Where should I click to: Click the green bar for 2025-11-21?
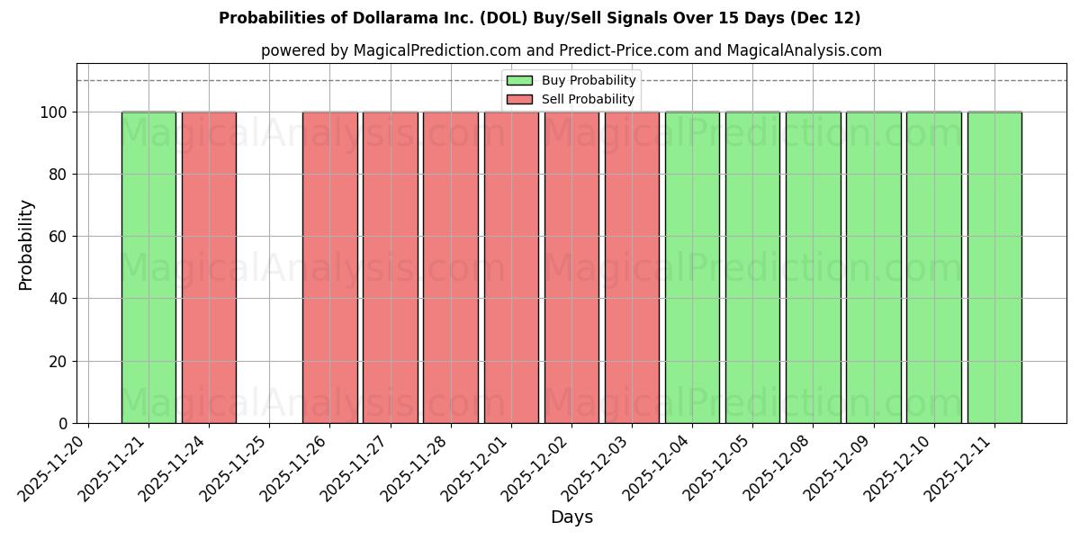click(x=148, y=267)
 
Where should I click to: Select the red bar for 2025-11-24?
click(x=209, y=267)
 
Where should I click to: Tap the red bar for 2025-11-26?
click(x=329, y=267)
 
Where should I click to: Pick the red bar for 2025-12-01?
click(x=511, y=267)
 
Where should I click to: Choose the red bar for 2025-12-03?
click(x=632, y=267)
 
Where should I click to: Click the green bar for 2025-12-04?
click(x=692, y=267)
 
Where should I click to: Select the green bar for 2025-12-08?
click(x=813, y=267)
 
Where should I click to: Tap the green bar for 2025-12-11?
click(x=994, y=267)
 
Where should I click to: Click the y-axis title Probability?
click(x=26, y=244)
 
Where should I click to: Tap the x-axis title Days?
click(x=571, y=517)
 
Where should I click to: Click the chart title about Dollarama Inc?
click(x=539, y=18)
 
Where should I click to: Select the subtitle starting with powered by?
click(x=571, y=50)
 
